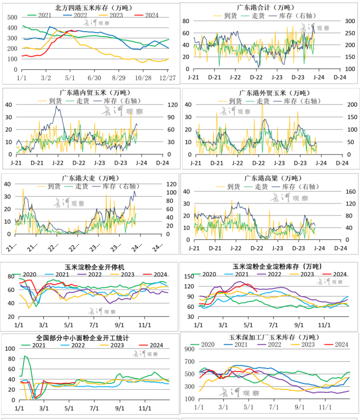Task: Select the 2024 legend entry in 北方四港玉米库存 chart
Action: tap(153, 15)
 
